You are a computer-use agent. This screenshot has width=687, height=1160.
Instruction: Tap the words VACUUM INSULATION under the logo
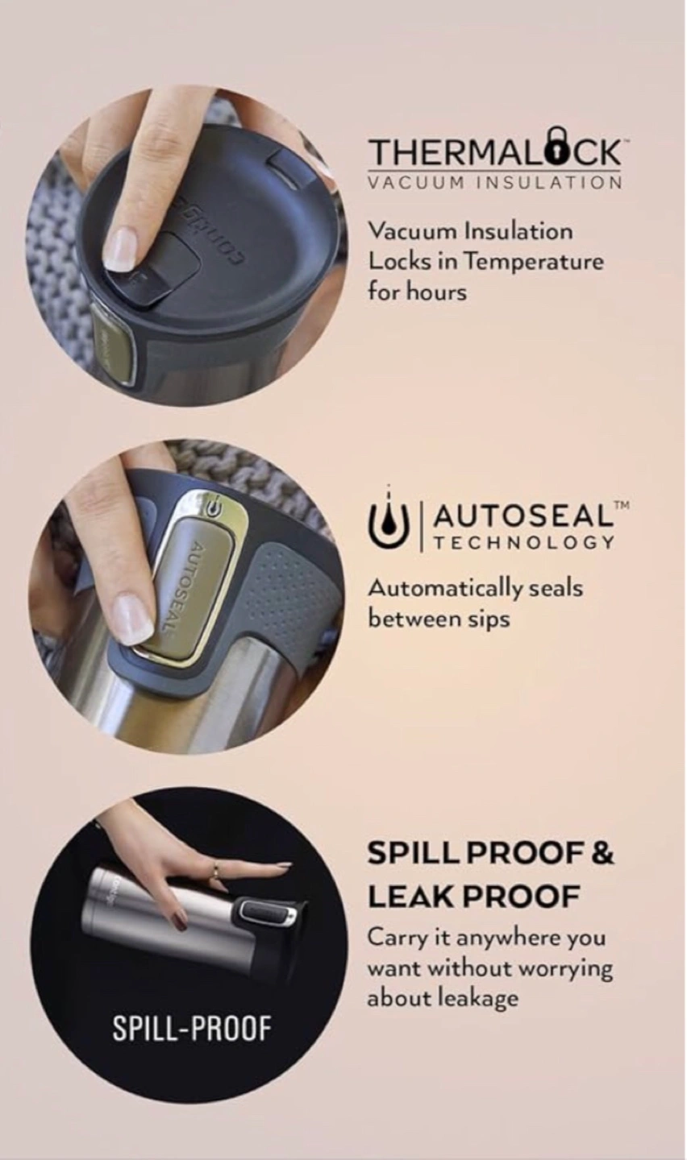pyautogui.click(x=494, y=183)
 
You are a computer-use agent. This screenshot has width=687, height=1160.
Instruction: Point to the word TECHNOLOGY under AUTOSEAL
pyautogui.click(x=523, y=543)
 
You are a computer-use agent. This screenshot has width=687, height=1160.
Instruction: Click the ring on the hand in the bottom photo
pyautogui.click(x=214, y=873)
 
